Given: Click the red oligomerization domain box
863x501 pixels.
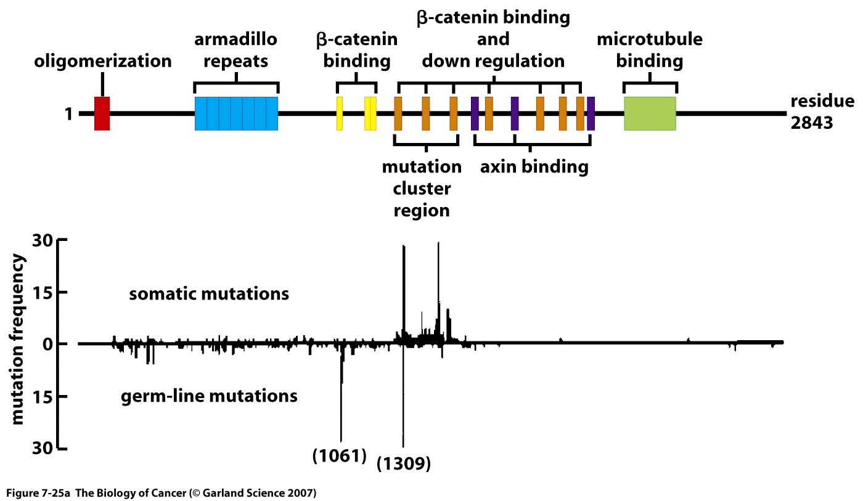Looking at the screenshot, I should (102, 113).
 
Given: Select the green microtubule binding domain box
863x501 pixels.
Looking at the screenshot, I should (650, 113).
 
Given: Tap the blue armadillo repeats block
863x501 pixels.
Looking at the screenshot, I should (236, 113).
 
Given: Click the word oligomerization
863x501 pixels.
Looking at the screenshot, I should (102, 61).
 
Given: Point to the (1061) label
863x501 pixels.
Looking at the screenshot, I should (340, 456).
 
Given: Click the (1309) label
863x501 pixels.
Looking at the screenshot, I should (403, 463).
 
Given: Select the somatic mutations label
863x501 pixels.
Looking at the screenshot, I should (209, 294).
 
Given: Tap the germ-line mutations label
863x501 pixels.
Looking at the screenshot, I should (209, 395).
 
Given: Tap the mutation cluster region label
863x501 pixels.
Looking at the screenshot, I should (422, 188).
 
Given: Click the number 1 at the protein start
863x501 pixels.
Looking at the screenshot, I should (70, 114).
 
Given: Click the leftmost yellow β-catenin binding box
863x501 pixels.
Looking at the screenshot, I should (339, 113).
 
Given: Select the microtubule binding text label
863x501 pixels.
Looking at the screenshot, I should (650, 51).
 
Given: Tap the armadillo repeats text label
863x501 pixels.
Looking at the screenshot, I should (236, 51).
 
